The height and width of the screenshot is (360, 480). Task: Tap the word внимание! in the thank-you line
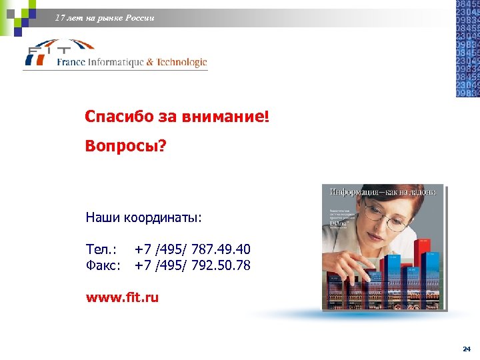pos(223,117)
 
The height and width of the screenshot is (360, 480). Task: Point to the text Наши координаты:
pos(143,217)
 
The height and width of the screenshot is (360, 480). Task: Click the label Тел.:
pos(101,249)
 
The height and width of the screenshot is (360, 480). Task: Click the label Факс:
pos(103,265)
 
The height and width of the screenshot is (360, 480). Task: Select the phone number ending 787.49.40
pos(192,249)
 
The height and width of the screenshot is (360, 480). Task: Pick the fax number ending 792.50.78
pos(192,265)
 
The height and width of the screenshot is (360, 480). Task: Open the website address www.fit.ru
pos(122,297)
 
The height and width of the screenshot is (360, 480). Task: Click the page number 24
pos(466,349)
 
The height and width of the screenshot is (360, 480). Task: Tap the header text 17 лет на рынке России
pos(105,18)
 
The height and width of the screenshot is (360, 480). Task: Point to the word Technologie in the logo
pos(182,63)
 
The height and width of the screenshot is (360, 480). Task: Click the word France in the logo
pos(71,63)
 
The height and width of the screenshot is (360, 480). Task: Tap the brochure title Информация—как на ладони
pos(382,192)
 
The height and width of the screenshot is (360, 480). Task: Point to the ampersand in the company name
pos(150,63)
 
